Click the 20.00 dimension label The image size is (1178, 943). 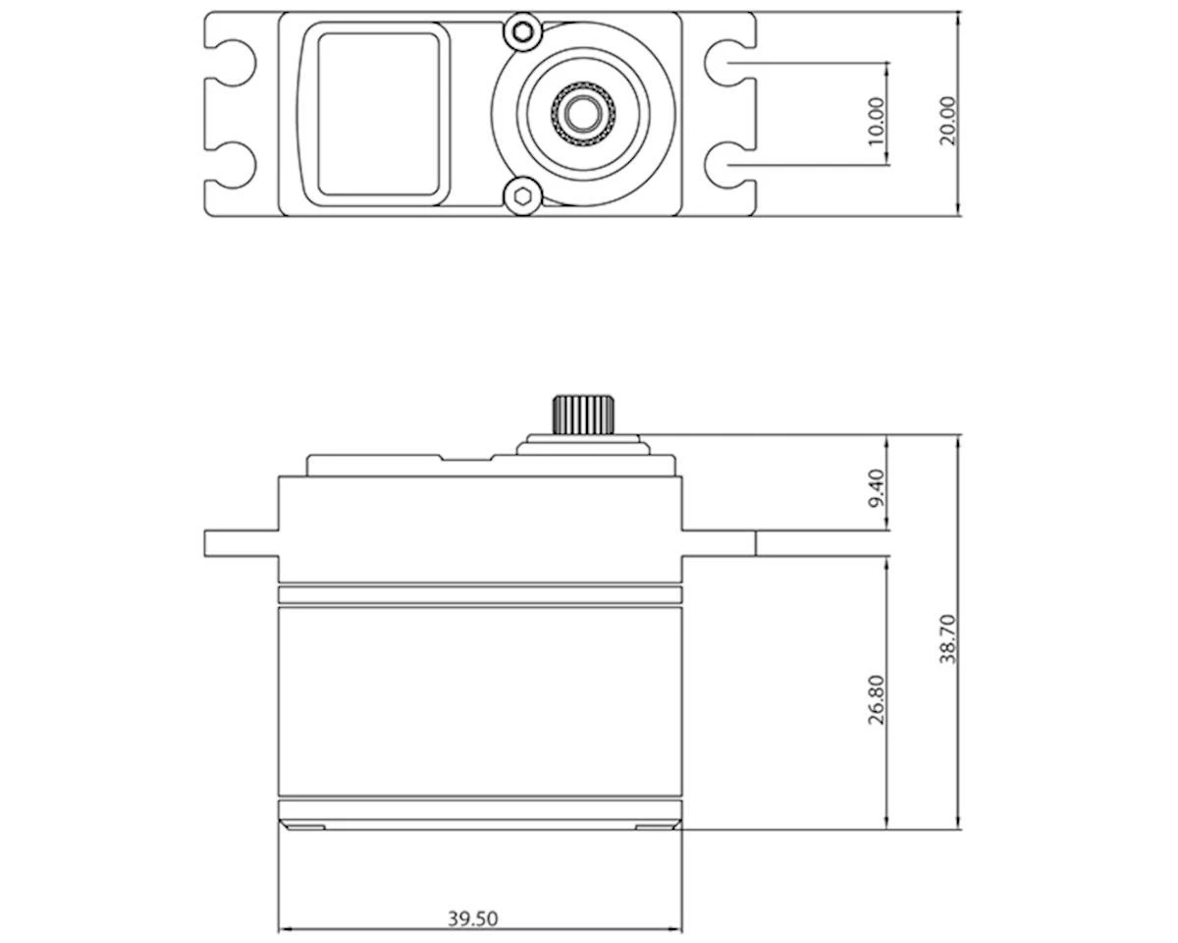pos(947,121)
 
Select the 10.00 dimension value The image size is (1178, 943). pos(877,121)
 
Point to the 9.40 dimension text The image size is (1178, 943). pos(877,488)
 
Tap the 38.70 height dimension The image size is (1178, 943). pos(947,638)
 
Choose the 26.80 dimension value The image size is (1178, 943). pos(877,699)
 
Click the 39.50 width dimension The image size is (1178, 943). pos(473,918)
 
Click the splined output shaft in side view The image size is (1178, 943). pos(582,415)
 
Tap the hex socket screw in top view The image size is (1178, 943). pos(522,195)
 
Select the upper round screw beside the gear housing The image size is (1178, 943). pos(523,32)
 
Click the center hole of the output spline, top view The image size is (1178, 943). pos(582,114)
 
